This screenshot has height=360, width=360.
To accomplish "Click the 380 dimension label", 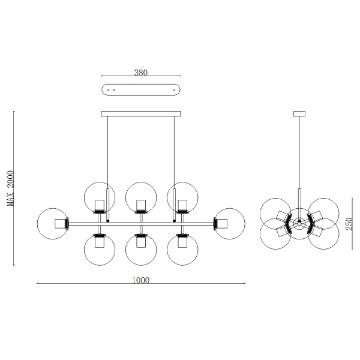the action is [x=141, y=73].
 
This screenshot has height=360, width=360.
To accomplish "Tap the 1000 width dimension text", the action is [x=141, y=280].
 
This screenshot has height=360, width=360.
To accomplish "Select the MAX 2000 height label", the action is [x=11, y=188].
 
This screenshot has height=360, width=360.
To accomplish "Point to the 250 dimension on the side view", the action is [x=349, y=224].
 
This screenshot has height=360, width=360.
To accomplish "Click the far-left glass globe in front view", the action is [x=37, y=224].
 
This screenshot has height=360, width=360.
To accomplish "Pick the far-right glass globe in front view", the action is [x=245, y=224].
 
